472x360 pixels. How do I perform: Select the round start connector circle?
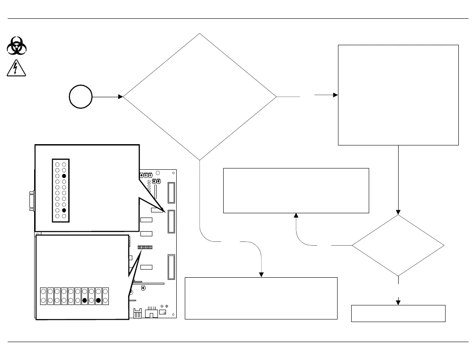pos(81,97)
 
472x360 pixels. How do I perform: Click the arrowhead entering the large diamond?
pos(121,97)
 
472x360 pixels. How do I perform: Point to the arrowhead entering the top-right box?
pos(335,95)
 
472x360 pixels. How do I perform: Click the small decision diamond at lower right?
pos(398,245)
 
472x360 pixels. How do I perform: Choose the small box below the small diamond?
pos(398,313)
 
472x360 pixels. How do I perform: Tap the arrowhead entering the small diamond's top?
pos(398,212)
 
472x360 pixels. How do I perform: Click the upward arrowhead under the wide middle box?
pos(296,216)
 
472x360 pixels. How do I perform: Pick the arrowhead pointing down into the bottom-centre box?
pos(261,274)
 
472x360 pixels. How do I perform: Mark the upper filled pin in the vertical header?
pos(64,176)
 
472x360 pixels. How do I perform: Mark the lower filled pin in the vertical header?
pos(64,210)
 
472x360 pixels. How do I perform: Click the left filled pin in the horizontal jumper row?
pos(84,300)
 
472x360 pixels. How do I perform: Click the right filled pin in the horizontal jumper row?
pos(98,300)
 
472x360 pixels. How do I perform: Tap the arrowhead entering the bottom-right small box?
pos(398,302)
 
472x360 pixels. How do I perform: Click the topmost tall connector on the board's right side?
pos(172,193)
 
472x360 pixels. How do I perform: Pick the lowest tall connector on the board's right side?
pos(172,267)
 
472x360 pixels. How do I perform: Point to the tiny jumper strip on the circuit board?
pos(145,247)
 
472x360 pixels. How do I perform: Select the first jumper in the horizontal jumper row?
pos(44,296)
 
